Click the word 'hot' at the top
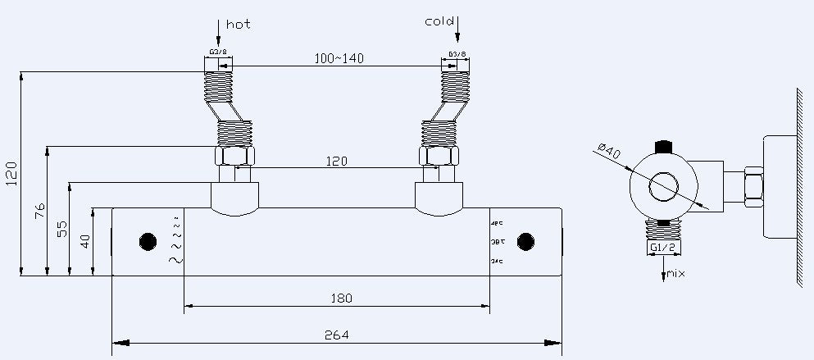click(238, 24)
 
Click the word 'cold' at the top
click(439, 21)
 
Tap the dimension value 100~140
click(339, 58)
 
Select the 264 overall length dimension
click(336, 335)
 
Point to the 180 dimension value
click(339, 299)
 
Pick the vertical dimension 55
click(62, 229)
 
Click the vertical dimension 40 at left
click(85, 241)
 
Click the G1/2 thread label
click(662, 247)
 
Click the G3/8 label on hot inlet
click(218, 52)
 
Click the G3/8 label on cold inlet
click(457, 55)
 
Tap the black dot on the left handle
click(148, 242)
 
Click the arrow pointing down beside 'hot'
click(219, 33)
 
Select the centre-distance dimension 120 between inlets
click(335, 162)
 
